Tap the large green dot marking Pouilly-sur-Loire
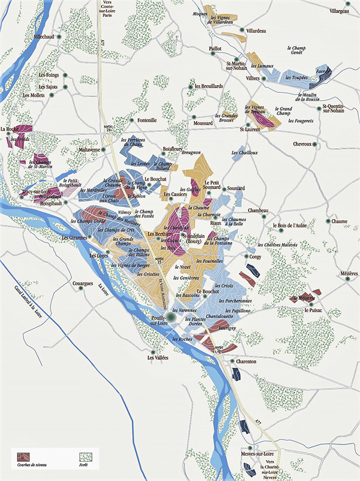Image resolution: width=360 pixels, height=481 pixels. (171, 318)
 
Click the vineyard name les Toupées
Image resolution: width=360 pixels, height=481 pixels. (296, 77)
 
